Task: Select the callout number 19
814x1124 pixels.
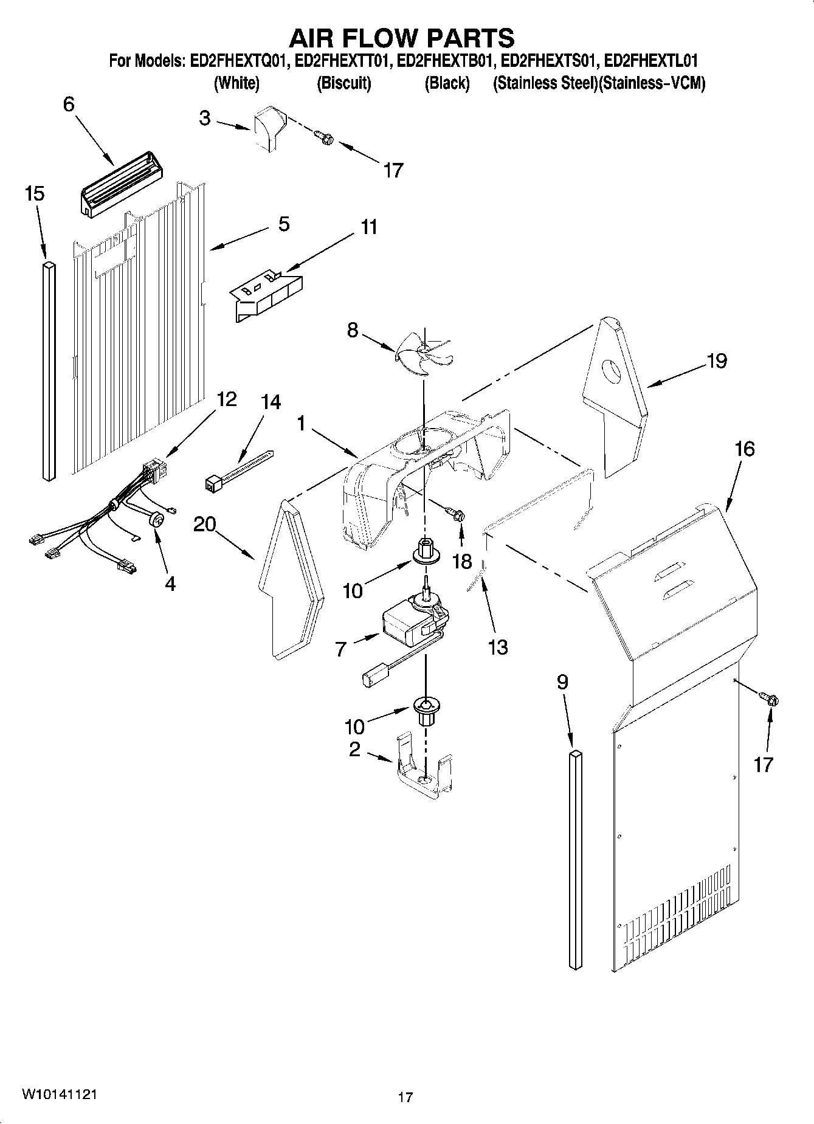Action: (x=717, y=361)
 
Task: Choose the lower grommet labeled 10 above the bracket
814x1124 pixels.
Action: (x=426, y=710)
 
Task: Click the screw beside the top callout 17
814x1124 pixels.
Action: (x=325, y=138)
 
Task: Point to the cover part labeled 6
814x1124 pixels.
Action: (x=121, y=184)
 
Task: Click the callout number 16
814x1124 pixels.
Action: (x=744, y=450)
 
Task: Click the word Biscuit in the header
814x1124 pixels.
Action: (x=344, y=83)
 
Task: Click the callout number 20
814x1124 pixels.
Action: (x=205, y=523)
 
